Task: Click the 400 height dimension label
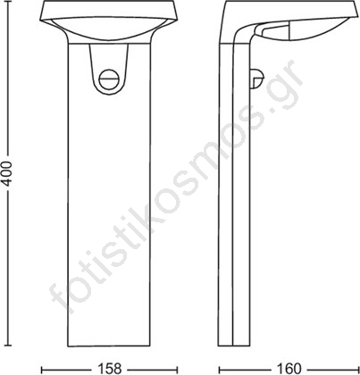[6, 174]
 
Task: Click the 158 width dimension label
[109, 369]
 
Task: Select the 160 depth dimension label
[289, 369]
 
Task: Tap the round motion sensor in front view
[109, 79]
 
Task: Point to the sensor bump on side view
[256, 79]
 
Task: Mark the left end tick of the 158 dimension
[42, 369]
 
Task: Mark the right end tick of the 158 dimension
[178, 369]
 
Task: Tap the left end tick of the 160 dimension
[220, 369]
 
